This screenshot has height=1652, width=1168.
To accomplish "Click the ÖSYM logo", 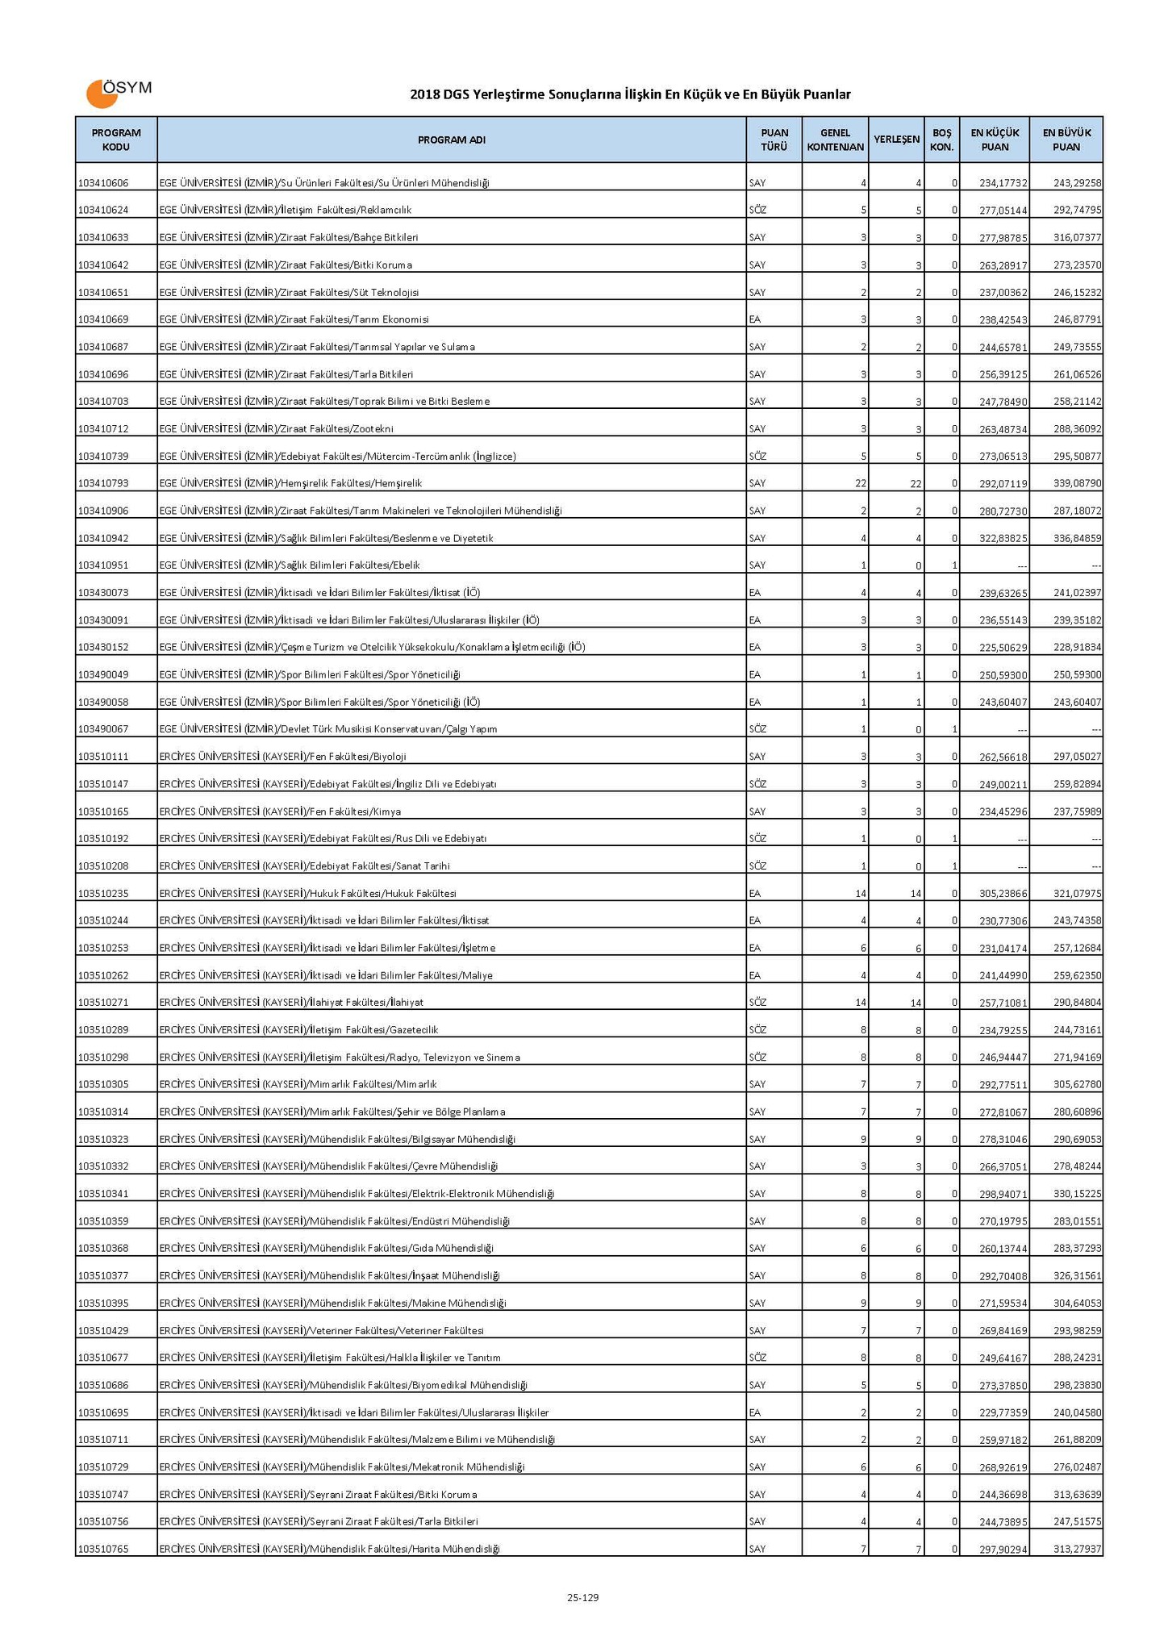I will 118,92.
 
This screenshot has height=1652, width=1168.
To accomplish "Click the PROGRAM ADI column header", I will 451,140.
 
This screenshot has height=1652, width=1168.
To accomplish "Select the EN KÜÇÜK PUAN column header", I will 994,140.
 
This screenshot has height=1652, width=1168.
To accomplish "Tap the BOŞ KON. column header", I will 941,140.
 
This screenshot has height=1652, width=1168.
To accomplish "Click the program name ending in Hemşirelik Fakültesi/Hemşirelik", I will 290,484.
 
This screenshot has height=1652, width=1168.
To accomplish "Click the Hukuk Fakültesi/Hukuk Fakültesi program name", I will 307,894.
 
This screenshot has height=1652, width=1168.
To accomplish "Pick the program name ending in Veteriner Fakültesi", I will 321,1331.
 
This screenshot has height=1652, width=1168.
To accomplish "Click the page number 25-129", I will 582,1597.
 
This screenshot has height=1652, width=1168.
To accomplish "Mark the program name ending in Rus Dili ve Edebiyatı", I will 323,839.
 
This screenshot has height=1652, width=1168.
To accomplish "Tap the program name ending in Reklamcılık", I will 285,211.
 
